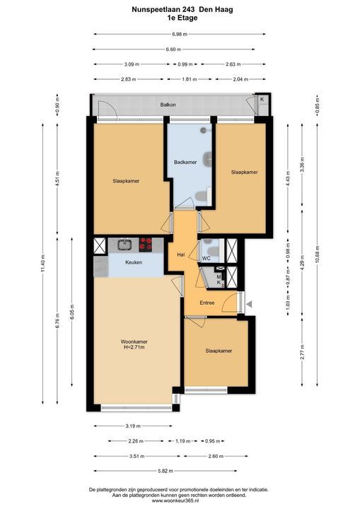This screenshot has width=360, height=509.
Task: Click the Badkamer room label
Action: point(185,162)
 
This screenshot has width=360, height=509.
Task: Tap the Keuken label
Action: point(134,262)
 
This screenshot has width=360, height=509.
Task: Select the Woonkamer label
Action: point(134,341)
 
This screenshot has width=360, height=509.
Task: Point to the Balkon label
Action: point(168,105)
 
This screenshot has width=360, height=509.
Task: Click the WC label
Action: point(207,259)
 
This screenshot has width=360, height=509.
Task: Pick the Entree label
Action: point(207,303)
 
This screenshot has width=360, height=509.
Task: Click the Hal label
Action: point(181,255)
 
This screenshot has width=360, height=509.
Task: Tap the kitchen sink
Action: point(124,245)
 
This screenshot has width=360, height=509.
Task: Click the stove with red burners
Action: point(146,245)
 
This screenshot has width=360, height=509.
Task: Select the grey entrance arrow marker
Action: point(249,304)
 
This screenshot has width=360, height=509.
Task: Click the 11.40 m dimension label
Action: point(43,264)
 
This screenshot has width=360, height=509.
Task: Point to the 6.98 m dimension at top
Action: point(180,34)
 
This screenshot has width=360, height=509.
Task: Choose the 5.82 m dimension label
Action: point(166,471)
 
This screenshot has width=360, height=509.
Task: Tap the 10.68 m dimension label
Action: point(318,255)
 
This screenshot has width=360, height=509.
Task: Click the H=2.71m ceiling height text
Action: point(134,347)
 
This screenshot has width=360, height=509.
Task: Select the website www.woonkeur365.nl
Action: point(180,501)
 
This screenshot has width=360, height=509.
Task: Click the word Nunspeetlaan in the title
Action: point(152,10)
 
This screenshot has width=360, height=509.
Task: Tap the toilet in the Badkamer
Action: point(202,196)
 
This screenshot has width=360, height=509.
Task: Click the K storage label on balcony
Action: point(262,100)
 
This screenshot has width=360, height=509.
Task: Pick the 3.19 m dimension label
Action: point(133,426)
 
